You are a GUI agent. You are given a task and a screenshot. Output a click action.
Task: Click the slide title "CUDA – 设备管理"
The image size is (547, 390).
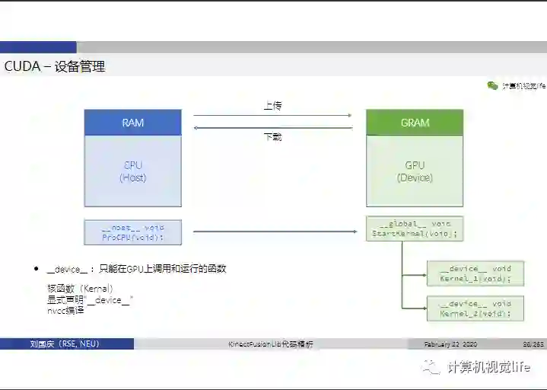click(x=55, y=66)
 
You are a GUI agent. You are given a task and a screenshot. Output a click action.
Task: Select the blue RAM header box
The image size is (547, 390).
click(x=132, y=123)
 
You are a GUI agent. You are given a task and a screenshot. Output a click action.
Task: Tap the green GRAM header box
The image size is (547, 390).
click(x=415, y=123)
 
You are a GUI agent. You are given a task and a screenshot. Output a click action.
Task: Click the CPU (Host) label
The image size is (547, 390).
click(x=132, y=171)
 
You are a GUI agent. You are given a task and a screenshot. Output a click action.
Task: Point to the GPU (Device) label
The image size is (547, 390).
click(x=415, y=171)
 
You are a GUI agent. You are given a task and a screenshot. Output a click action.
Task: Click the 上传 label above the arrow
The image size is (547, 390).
click(x=273, y=106)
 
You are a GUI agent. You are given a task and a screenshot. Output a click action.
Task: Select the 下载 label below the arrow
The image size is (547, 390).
click(x=273, y=137)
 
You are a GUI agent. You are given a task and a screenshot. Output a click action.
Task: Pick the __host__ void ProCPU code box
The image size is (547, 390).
click(x=132, y=232)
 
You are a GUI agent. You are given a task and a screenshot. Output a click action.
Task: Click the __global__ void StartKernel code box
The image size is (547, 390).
click(x=415, y=229)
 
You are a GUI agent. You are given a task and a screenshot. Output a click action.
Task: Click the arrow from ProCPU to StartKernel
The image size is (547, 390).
click(x=274, y=232)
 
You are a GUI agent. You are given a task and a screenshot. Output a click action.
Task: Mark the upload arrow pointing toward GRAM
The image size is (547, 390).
click(x=272, y=116)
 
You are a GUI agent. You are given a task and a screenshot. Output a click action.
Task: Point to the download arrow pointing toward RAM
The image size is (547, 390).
click(x=272, y=127)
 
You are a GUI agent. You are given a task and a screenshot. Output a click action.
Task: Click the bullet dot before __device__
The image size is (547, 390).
click(x=36, y=270)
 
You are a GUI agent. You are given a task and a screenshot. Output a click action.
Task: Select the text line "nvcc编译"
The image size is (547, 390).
click(x=65, y=310)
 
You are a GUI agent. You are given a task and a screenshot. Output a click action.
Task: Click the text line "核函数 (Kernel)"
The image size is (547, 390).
click(x=80, y=289)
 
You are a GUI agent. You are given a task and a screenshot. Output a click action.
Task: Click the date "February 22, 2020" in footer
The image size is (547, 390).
click(x=450, y=344)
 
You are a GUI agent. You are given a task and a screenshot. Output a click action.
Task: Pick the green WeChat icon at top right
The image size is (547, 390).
click(x=492, y=86)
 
